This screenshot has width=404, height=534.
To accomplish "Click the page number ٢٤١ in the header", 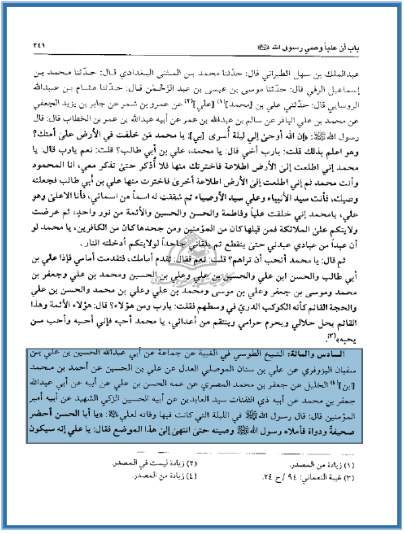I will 39,45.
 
